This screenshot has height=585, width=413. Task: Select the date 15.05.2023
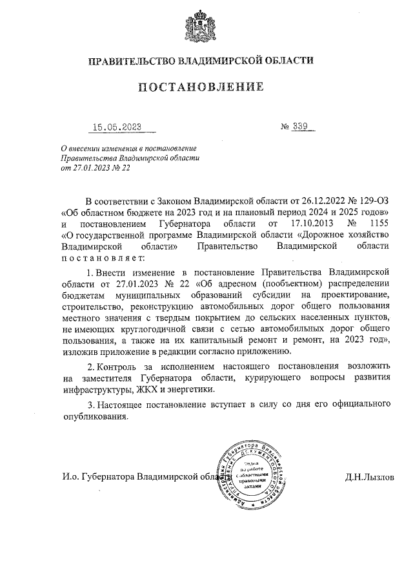(116, 127)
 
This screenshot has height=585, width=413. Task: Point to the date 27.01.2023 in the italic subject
(90, 167)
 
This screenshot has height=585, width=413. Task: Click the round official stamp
(252, 474)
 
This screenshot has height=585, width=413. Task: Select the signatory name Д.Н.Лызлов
(369, 477)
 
